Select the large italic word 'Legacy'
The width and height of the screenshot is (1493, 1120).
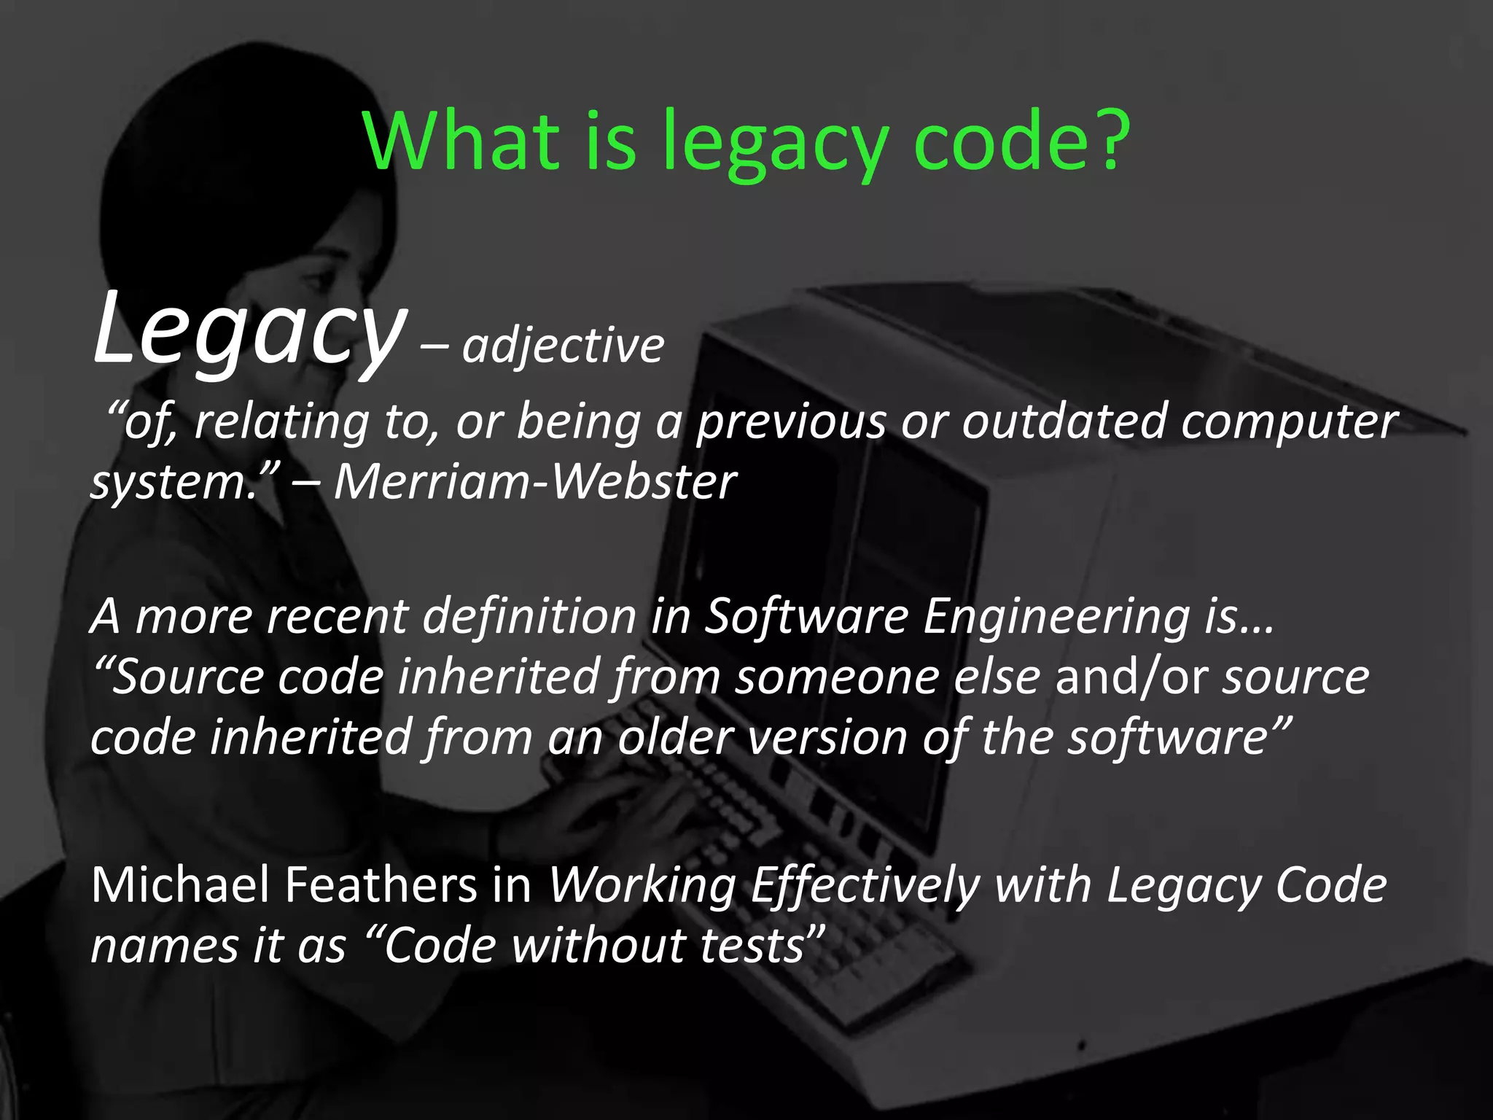pyautogui.click(x=248, y=330)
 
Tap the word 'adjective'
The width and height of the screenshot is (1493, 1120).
pyautogui.click(x=563, y=346)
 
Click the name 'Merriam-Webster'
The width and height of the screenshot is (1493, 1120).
pyautogui.click(x=534, y=482)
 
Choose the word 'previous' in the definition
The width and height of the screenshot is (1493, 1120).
pyautogui.click(x=792, y=423)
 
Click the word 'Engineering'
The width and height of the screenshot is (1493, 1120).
pyautogui.click(x=1056, y=617)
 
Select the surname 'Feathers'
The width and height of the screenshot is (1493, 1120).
pyautogui.click(x=381, y=884)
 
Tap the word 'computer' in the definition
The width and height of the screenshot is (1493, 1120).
pyautogui.click(x=1289, y=423)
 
